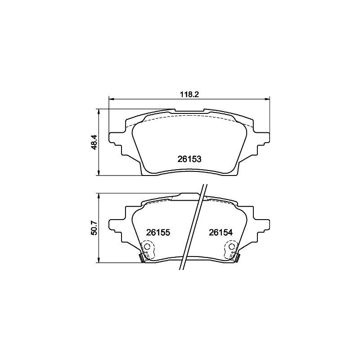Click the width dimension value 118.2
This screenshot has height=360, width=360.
[x=189, y=95]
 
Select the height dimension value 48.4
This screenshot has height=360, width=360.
[x=94, y=142]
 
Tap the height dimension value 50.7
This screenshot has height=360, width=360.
[x=94, y=228]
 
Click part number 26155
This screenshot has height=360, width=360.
[x=157, y=233]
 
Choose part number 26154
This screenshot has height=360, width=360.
[x=220, y=233]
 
